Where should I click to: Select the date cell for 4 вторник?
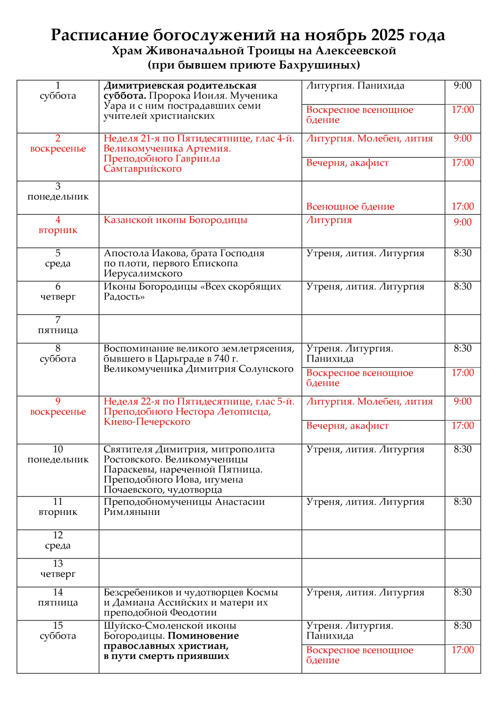pos(58,225)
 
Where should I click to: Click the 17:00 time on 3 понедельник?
pos(462,206)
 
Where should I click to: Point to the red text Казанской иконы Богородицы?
pos(175,220)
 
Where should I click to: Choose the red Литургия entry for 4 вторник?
pos(329,220)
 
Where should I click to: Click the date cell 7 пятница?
pos(58,325)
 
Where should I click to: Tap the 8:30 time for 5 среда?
pos(462,253)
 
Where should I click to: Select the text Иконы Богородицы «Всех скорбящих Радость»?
pos(192,291)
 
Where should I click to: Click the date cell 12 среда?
pos(58,540)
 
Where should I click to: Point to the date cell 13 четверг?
pos(58,569)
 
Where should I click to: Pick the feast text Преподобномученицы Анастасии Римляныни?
pos(184,506)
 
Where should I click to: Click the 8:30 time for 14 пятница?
pos(462,592)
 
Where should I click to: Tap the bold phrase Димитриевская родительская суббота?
pos(179,90)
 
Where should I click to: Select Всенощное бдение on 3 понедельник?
pos(350,206)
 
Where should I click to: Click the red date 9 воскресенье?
pos(58,406)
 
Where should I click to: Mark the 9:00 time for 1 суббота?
pos(462,85)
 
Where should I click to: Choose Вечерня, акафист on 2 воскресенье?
pos(347,163)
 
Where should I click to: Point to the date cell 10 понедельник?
pos(58,454)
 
